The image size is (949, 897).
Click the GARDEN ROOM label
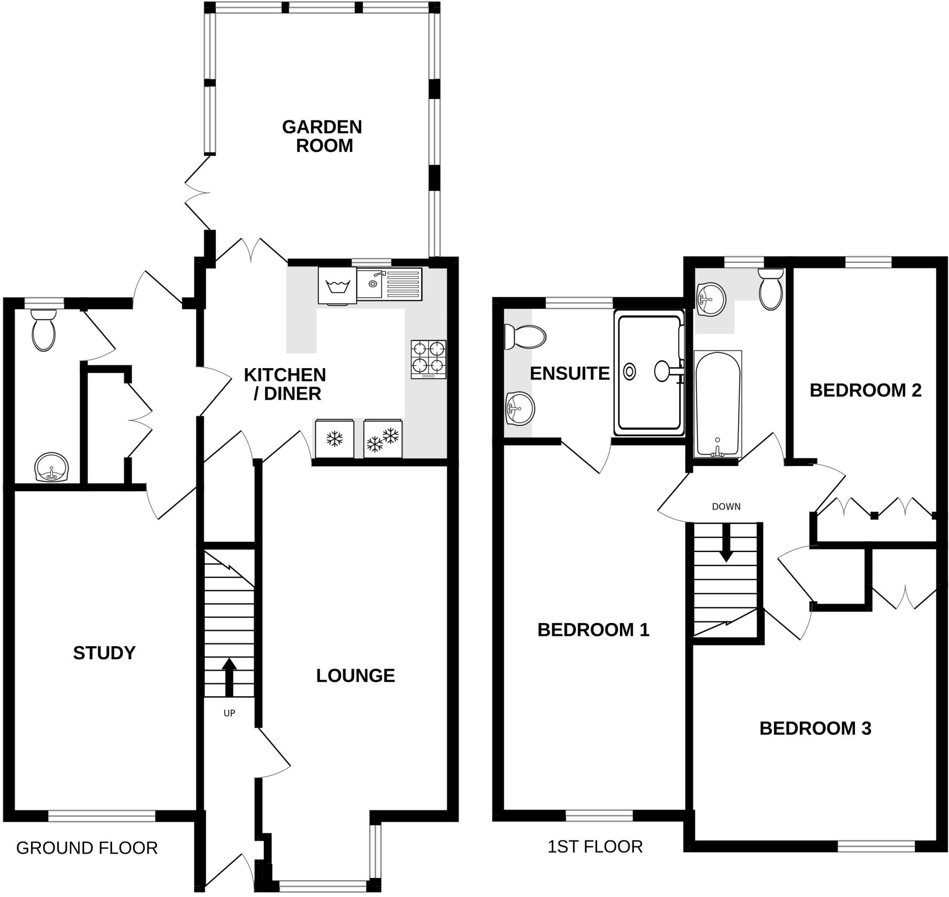(322, 136)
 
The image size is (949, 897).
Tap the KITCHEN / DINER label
(285, 384)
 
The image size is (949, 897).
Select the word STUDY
(104, 653)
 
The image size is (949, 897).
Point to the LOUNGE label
(355, 675)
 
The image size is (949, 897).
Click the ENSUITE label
(569, 374)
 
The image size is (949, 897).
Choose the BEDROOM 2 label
(866, 391)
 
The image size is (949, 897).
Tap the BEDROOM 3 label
(815, 728)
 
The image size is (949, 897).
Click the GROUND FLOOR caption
(87, 848)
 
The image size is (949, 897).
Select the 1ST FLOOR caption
(595, 847)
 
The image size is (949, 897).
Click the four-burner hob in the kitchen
(428, 360)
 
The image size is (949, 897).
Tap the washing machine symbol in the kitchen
(337, 286)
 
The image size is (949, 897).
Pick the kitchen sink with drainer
(389, 284)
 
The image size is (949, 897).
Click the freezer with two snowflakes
(383, 439)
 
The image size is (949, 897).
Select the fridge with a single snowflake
(335, 439)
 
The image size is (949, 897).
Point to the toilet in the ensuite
(525, 337)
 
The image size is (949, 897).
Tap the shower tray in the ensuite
(649, 372)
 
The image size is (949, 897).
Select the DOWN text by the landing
(726, 507)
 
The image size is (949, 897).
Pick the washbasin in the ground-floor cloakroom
(51, 467)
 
